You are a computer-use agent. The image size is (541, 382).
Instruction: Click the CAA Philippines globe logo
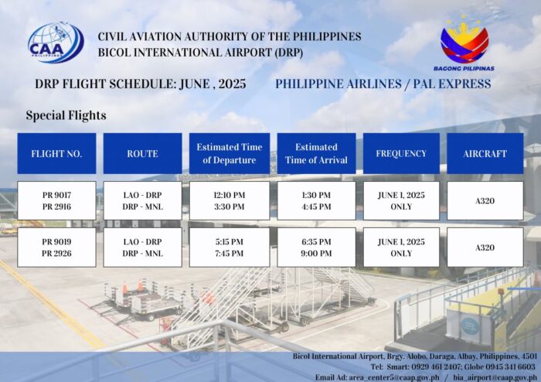click(56, 43)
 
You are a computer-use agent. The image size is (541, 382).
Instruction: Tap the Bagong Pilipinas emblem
click(464, 43)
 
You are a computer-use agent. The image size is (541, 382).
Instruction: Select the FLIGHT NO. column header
click(56, 154)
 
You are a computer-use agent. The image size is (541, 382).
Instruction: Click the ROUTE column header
click(142, 154)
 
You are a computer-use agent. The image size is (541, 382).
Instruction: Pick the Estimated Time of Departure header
click(230, 154)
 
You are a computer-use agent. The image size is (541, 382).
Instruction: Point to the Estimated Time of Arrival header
click(316, 154)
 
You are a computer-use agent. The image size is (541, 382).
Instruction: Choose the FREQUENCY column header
click(401, 154)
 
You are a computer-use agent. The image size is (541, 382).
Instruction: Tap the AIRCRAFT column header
click(485, 154)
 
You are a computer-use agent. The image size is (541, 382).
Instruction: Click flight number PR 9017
click(57, 196)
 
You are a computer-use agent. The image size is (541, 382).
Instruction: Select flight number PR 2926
click(57, 254)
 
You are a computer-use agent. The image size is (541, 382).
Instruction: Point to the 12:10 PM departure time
click(230, 196)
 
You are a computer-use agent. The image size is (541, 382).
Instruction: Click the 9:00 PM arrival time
click(316, 254)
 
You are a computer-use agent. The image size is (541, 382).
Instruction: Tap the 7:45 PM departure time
click(230, 254)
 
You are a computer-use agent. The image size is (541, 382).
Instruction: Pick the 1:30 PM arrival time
click(316, 196)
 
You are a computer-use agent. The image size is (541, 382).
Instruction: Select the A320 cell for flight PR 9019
click(485, 247)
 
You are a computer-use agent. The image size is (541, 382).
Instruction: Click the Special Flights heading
click(66, 115)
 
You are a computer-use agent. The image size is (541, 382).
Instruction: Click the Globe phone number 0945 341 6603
click(511, 367)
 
